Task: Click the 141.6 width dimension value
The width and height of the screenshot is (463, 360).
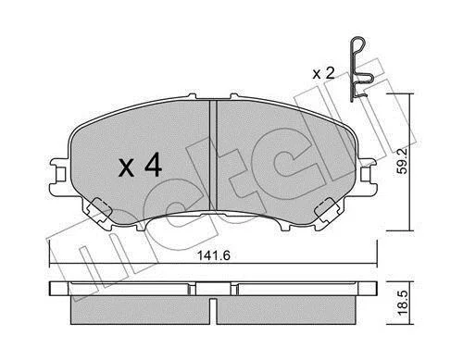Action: coord(214,255)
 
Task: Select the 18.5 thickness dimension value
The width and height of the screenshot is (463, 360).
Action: coord(403,304)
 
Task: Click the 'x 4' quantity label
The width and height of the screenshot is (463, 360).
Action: coord(141,166)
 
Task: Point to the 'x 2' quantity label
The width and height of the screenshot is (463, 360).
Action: coord(323,74)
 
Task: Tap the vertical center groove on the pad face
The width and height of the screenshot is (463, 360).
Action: coord(213,155)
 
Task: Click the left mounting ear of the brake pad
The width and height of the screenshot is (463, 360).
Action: coord(58,177)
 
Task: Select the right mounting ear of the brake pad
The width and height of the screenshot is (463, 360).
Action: coord(368,177)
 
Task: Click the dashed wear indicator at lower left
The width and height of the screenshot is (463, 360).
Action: coord(99,210)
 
